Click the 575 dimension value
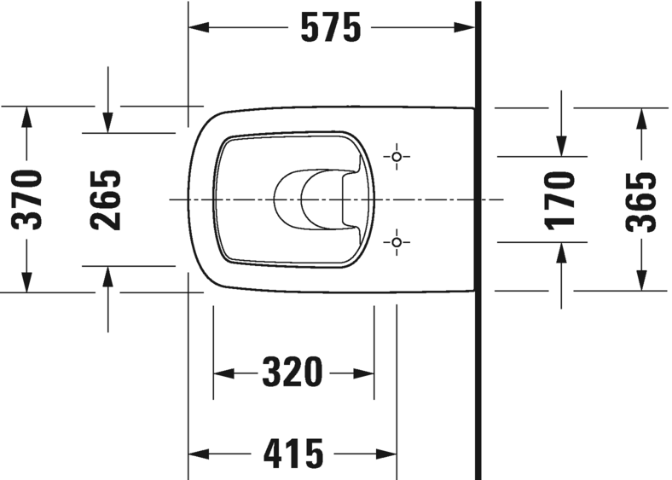[x=331, y=28]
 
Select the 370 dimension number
[x=27, y=200]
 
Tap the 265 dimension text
[x=107, y=200]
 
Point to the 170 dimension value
[x=560, y=200]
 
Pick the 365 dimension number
[x=640, y=200]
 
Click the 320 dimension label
[x=293, y=373]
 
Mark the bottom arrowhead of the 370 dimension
[x=27, y=281]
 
